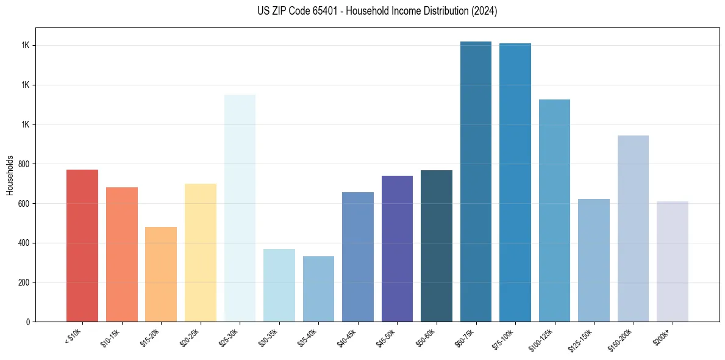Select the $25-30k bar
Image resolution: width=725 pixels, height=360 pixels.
240,207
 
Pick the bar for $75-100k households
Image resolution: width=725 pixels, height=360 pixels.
515,182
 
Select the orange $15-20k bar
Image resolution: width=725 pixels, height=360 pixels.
161,274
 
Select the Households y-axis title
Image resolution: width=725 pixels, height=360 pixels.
10,175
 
